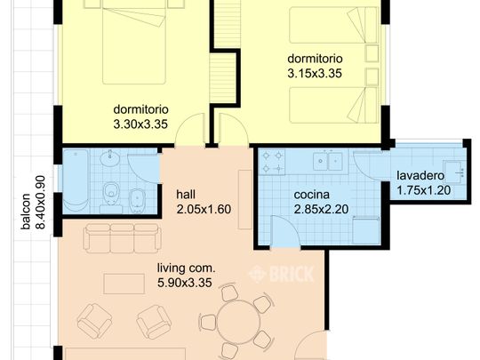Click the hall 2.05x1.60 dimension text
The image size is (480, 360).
(204, 210)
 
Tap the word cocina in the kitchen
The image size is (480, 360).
(312, 195)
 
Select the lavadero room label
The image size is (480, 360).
(420, 176)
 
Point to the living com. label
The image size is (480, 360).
(187, 268)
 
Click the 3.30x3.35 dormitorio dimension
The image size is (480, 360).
(140, 124)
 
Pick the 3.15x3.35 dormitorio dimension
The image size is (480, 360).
(315, 74)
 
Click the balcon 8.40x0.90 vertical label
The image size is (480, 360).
(33, 203)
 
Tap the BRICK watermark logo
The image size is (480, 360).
(281, 274)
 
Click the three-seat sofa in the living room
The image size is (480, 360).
(123, 238)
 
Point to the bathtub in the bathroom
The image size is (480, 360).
(76, 181)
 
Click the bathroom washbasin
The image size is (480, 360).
(110, 158)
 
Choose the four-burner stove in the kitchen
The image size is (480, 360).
(272, 162)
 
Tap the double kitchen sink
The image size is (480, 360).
(328, 160)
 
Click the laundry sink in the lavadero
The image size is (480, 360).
(452, 172)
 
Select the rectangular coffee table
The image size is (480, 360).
(124, 284)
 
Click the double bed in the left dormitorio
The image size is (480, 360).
(134, 42)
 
